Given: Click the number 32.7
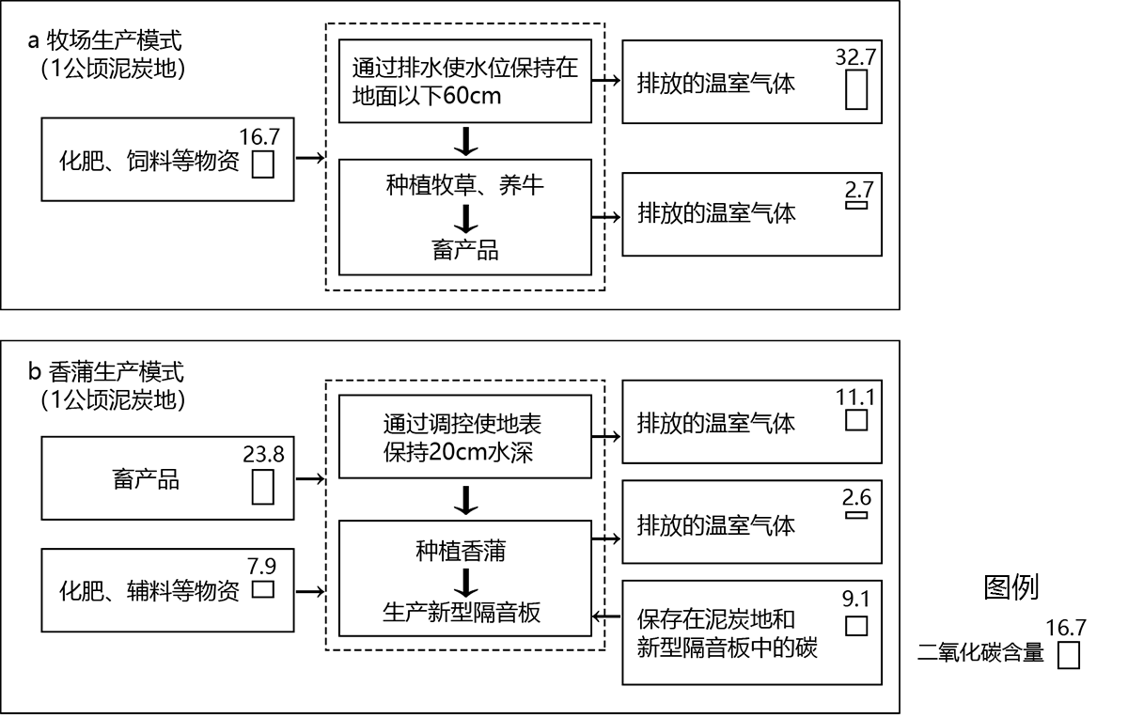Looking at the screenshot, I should click(x=855, y=56).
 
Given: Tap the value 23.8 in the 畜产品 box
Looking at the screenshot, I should click(x=263, y=453).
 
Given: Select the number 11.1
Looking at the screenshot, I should click(x=855, y=398).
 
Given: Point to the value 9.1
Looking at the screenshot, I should click(x=855, y=599).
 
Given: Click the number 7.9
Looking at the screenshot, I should click(x=263, y=566).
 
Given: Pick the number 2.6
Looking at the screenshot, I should click(x=855, y=498).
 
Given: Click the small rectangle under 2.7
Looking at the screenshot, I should click(x=856, y=204).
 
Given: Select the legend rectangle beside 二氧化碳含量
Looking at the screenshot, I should click(x=1068, y=654).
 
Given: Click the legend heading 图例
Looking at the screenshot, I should click(x=1010, y=587).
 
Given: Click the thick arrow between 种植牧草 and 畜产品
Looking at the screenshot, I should click(x=464, y=218).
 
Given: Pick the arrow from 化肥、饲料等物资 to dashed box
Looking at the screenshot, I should click(x=308, y=160).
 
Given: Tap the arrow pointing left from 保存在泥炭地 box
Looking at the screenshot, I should click(x=606, y=617).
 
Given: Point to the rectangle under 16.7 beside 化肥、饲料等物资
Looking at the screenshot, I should click(x=263, y=164).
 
